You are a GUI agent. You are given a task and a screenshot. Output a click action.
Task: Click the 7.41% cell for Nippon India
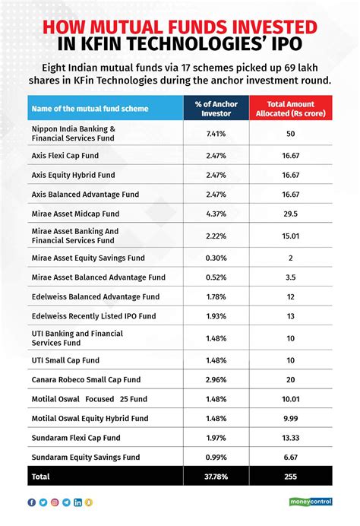tap(216, 135)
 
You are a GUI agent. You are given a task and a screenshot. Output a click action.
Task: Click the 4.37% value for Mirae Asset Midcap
tap(216, 214)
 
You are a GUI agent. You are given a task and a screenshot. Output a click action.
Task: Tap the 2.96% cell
tap(216, 379)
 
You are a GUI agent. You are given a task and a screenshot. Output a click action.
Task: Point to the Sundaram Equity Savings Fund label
tap(85, 457)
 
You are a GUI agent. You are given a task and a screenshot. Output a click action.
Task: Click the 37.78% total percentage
tap(216, 477)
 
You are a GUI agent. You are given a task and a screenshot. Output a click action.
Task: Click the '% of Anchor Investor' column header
tap(216, 108)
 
